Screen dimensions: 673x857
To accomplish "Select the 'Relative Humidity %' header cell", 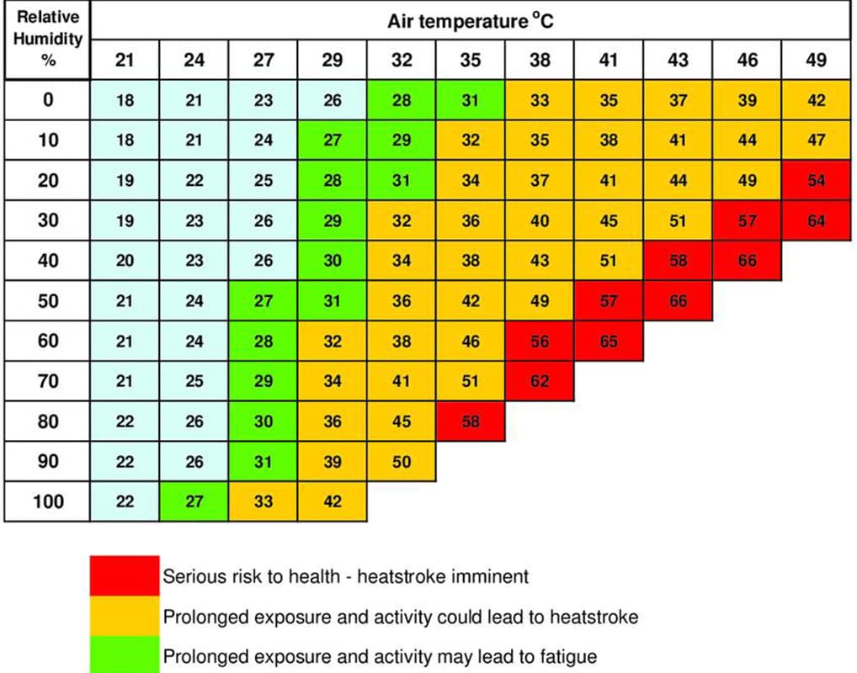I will pyautogui.click(x=48, y=40).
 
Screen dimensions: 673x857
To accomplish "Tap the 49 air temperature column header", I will pyautogui.click(x=816, y=60).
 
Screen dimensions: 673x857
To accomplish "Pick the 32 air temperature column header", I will pyautogui.click(x=402, y=60).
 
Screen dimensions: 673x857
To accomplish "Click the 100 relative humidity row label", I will pyautogui.click(x=48, y=502).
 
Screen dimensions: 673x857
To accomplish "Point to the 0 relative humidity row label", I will pyautogui.click(x=48, y=100).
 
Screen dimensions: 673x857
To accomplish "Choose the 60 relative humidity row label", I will pyautogui.click(x=48, y=342).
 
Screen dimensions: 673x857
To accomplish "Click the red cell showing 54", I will pyautogui.click(x=816, y=181).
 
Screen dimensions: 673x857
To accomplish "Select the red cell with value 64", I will pyautogui.click(x=816, y=221).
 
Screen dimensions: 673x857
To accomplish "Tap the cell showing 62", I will pyautogui.click(x=540, y=381).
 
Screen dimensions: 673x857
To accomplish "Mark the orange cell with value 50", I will pyautogui.click(x=402, y=462).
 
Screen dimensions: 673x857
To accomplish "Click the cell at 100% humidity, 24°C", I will pyautogui.click(x=194, y=502).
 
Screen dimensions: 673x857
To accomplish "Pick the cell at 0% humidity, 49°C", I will pyautogui.click(x=816, y=100).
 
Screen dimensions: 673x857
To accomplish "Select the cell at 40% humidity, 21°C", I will pyautogui.click(x=125, y=261).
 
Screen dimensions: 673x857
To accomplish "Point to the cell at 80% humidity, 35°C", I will pyautogui.click(x=471, y=421).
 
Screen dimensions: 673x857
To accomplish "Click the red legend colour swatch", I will pyautogui.click(x=125, y=576).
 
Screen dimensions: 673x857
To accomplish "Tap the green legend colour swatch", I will pyautogui.click(x=125, y=654).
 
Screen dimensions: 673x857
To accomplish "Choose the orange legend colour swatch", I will pyautogui.click(x=125, y=617).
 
